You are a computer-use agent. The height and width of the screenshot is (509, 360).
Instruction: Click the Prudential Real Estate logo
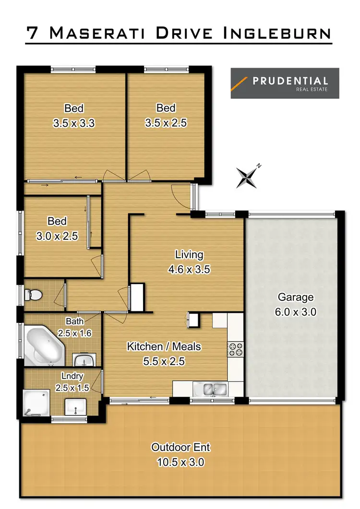(285, 83)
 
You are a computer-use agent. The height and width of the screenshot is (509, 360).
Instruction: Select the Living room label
(189, 255)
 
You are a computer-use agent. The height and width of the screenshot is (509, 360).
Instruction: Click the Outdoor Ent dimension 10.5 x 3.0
(180, 462)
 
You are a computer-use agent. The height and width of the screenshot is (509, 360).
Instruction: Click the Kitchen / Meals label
(164, 346)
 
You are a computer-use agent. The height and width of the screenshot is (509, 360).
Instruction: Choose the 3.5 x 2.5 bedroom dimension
(166, 123)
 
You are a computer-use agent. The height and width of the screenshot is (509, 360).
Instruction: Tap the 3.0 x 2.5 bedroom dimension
(57, 236)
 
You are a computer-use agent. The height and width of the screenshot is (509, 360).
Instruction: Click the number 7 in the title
(33, 34)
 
